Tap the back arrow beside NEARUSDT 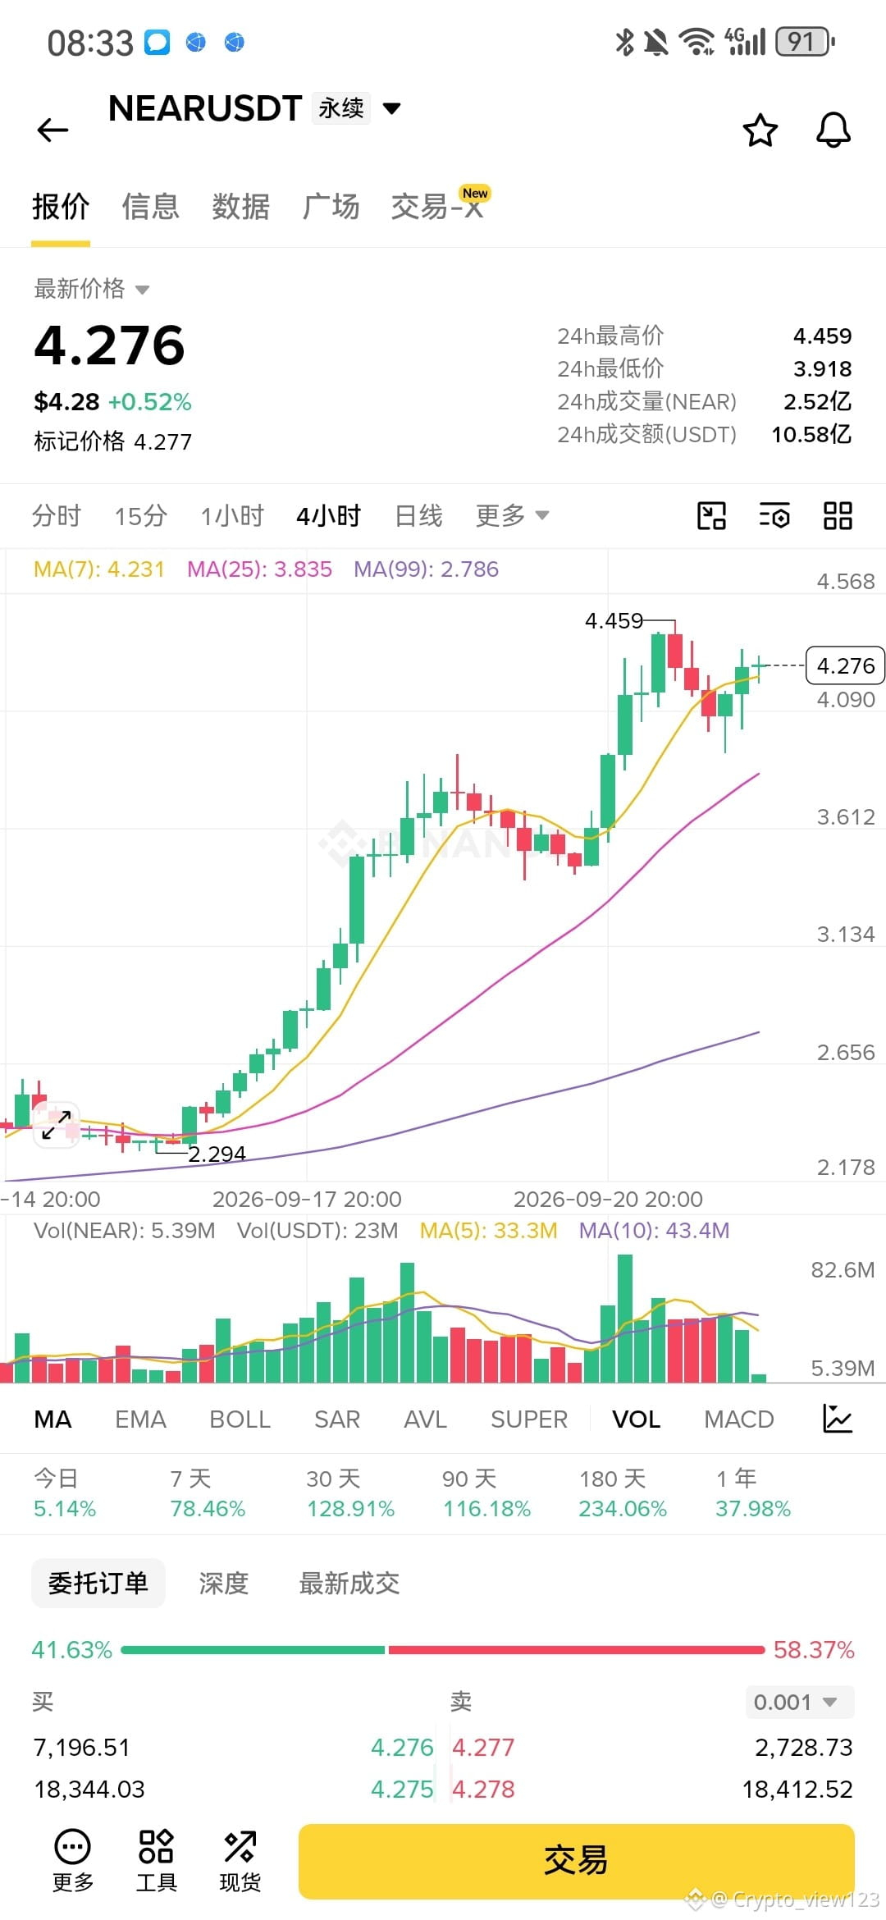click(53, 130)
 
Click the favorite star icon click(760, 130)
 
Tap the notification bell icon click(833, 130)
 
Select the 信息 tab click(150, 206)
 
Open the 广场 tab click(331, 206)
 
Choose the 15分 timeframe click(141, 516)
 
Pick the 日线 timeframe click(418, 516)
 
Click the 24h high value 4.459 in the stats click(822, 336)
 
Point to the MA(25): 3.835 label click(259, 569)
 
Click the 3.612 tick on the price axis click(846, 817)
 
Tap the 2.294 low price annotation click(217, 1154)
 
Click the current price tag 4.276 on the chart click(846, 665)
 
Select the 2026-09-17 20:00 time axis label click(307, 1200)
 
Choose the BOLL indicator click(240, 1419)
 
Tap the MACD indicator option click(739, 1419)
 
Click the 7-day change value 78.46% click(208, 1509)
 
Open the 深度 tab click(223, 1583)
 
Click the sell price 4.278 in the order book click(483, 1790)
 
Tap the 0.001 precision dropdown click(800, 1703)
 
